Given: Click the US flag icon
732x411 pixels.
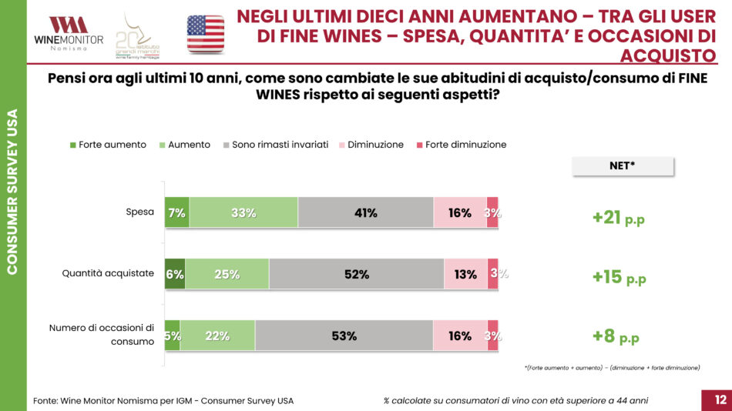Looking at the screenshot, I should (206, 34).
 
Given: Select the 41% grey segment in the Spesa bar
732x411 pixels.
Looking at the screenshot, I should (365, 212).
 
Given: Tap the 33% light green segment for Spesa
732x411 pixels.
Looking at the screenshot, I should (243, 212).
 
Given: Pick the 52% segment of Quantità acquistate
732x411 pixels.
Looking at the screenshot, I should (357, 274).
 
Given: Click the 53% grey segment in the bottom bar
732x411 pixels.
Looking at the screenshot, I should (344, 336).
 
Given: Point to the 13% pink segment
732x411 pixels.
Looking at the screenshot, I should (465, 274).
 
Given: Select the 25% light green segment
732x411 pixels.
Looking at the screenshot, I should (227, 274).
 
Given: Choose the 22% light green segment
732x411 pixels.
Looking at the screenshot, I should (217, 336).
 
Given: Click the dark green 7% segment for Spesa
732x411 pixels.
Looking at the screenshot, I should (176, 212).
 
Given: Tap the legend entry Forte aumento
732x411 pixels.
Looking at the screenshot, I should (108, 145).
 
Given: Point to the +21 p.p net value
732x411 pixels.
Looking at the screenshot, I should (618, 218).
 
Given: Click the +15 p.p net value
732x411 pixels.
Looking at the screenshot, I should (618, 277).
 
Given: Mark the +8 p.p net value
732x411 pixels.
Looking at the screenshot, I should (615, 336).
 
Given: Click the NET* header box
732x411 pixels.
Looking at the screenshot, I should (623, 165).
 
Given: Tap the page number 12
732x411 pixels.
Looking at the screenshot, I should (720, 399).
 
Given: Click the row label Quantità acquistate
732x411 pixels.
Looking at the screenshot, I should (109, 273).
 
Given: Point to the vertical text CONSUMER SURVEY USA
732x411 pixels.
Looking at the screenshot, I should (13, 192).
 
